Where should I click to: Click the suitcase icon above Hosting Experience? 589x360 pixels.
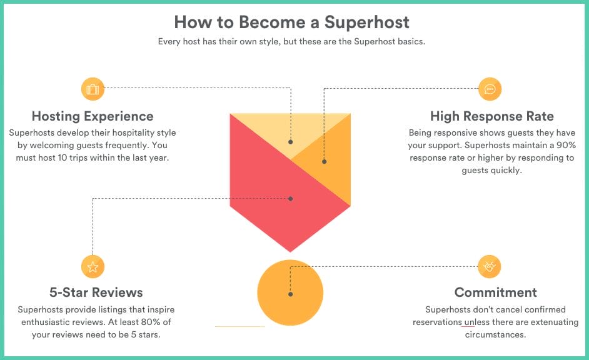pos(93,89)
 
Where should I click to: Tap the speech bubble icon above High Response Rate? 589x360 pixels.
pos(490,89)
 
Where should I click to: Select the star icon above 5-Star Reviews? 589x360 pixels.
pos(93,267)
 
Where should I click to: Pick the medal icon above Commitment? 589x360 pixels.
pos(490,267)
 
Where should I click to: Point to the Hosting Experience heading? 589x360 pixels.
pos(93,116)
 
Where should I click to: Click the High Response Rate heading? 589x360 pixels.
pos(492,116)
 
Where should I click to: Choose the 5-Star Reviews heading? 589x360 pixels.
pos(96,292)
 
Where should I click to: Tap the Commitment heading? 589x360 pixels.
pos(496,292)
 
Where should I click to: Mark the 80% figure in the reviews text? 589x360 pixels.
pos(141,322)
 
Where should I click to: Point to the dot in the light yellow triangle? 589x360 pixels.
pos(291,142)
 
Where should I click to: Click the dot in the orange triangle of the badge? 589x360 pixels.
pos(324,162)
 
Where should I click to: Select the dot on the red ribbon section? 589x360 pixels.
pos(291,198)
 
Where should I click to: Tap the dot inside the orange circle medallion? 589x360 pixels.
pos(289,294)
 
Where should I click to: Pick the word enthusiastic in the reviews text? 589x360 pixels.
pos(51,322)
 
